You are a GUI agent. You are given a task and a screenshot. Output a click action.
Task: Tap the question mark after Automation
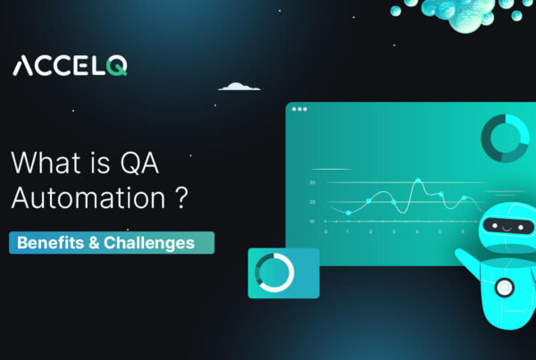click(181, 197)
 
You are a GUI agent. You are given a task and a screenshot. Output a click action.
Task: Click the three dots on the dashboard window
click(299, 110)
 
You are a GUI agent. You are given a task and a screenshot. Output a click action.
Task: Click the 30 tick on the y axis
click(312, 182)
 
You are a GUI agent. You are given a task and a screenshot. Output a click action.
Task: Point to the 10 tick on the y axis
click(312, 220)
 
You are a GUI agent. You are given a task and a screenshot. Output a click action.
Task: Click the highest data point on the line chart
click(417, 181)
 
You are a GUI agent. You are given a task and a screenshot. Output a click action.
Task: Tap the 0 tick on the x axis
click(325, 230)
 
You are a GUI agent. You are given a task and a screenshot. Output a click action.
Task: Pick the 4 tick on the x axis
click(417, 230)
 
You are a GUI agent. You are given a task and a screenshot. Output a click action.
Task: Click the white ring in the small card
click(273, 272)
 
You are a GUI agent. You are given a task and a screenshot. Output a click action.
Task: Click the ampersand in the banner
click(92, 243)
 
